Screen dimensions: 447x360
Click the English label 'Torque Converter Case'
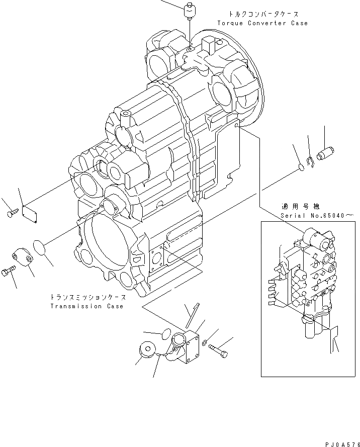click(262, 23)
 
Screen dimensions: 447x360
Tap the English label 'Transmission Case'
click(86, 306)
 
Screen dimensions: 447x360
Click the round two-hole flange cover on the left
click(23, 257)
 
